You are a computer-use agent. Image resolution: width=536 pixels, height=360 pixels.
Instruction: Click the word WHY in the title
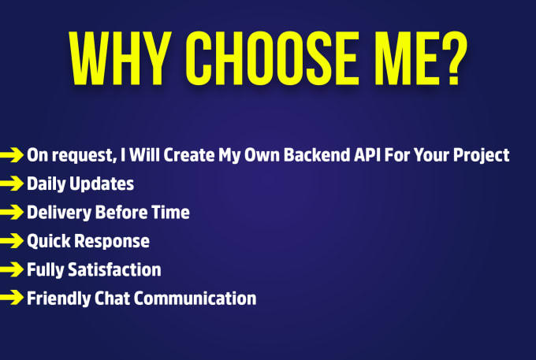[x=120, y=58]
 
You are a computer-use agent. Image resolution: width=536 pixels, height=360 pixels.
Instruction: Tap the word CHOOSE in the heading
[x=273, y=58]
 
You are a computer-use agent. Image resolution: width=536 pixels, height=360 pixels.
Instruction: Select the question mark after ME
[x=453, y=58]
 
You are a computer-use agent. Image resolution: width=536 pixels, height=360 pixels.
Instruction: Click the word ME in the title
[x=407, y=58]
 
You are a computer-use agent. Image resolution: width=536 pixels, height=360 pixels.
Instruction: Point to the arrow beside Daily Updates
[x=11, y=184]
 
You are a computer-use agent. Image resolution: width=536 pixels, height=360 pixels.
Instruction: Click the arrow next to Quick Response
[x=11, y=241]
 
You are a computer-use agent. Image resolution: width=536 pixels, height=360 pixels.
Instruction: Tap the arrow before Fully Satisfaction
[x=11, y=269]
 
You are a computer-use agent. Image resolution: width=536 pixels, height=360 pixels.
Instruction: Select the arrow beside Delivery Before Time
[x=11, y=212]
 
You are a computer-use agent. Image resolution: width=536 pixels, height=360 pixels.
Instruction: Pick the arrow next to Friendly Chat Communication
[x=11, y=298]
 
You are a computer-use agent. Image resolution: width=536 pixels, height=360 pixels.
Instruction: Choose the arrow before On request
[x=11, y=154]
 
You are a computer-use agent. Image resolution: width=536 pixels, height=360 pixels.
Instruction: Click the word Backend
[x=317, y=155]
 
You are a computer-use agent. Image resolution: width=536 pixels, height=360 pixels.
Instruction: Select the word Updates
[x=102, y=184]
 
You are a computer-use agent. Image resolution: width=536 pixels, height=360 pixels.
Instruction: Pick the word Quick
[x=49, y=242]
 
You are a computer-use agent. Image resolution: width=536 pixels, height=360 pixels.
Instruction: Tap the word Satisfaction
[x=114, y=270]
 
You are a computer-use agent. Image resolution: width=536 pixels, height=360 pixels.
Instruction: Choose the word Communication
[x=195, y=299]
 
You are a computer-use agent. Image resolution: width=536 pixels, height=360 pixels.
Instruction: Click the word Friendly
[x=58, y=299]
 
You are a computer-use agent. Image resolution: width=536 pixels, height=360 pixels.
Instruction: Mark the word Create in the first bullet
[x=189, y=155]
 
